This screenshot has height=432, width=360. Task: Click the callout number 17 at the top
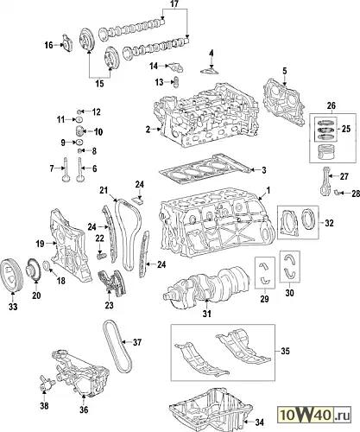tap(174, 4)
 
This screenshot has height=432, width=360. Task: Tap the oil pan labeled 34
tap(211, 410)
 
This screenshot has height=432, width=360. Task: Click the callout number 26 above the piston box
tap(332, 105)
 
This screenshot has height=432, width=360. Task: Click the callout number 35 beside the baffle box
tap(285, 351)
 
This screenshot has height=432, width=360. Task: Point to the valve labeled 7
tap(66, 169)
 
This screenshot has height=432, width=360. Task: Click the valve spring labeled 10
tap(79, 131)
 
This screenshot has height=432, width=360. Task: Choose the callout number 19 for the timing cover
tap(40, 244)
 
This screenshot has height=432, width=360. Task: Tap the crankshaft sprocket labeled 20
tap(34, 270)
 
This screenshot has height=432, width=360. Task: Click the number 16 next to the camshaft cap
tap(48, 45)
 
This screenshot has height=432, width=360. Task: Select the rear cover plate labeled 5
tap(283, 102)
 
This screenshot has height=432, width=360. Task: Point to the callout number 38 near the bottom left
tap(44, 406)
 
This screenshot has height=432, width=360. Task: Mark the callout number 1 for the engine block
tap(268, 190)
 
